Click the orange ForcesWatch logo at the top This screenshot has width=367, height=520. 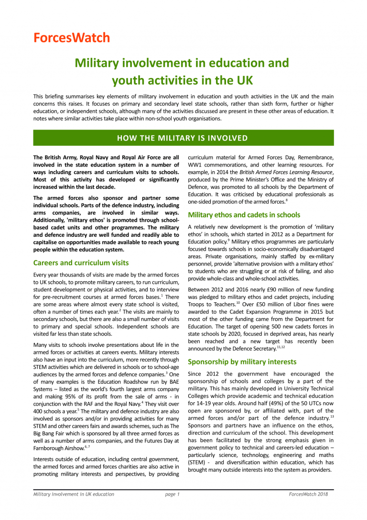[72, 38]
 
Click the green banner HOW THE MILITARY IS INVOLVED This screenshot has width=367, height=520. [183, 138]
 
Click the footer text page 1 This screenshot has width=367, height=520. [172, 507]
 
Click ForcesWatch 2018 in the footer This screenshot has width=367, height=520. [308, 507]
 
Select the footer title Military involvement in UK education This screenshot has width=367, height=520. [74, 507]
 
